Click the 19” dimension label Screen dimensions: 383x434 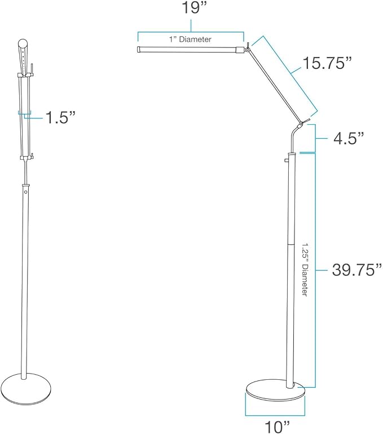(x=194, y=8)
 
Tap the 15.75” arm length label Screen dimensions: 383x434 (x=327, y=63)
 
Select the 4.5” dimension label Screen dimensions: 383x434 (x=349, y=138)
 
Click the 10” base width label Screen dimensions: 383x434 (x=278, y=427)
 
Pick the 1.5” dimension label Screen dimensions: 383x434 (x=60, y=117)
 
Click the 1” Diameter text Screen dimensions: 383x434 (x=191, y=40)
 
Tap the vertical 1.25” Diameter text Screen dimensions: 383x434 (x=305, y=270)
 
